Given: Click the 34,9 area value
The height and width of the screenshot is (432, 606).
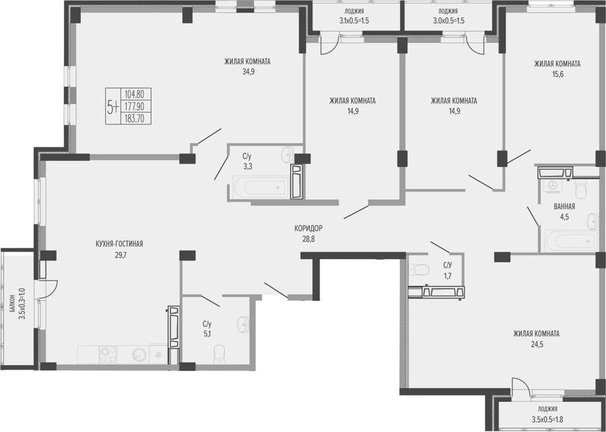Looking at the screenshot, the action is [248, 72].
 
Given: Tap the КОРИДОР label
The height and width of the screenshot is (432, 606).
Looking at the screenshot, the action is [308, 228].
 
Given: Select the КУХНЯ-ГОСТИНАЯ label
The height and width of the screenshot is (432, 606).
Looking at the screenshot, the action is [119, 244].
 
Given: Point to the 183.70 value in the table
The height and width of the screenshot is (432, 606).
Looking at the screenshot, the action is [134, 118].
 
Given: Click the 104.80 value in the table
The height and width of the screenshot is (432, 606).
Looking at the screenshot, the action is [134, 94].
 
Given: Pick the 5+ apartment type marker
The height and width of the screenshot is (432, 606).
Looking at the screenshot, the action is [113, 106].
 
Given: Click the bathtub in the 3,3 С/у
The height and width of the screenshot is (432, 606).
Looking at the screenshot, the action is [261, 187].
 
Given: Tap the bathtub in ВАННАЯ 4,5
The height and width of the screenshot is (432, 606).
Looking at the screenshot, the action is [571, 241].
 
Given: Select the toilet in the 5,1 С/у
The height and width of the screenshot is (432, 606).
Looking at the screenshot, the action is [219, 354].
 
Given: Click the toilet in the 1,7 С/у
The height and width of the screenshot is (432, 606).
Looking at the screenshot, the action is [419, 269].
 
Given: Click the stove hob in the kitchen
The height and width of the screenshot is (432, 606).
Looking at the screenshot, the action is [108, 355].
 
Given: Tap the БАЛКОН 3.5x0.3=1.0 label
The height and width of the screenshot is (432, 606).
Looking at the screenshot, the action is [18, 308].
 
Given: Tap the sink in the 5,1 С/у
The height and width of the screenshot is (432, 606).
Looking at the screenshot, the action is [244, 324].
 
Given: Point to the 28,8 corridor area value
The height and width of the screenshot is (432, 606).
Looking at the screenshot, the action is [308, 239].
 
